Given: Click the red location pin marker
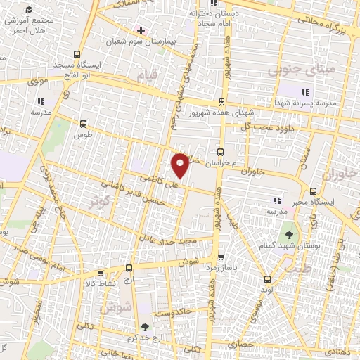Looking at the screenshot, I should pos(181,164).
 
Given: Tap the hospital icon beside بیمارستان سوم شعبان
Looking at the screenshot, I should pos(141,30).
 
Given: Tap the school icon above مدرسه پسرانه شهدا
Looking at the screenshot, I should pos(305,92).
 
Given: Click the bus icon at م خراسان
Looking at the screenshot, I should pos(220,151).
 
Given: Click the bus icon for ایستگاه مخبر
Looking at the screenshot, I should pos(314,191).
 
